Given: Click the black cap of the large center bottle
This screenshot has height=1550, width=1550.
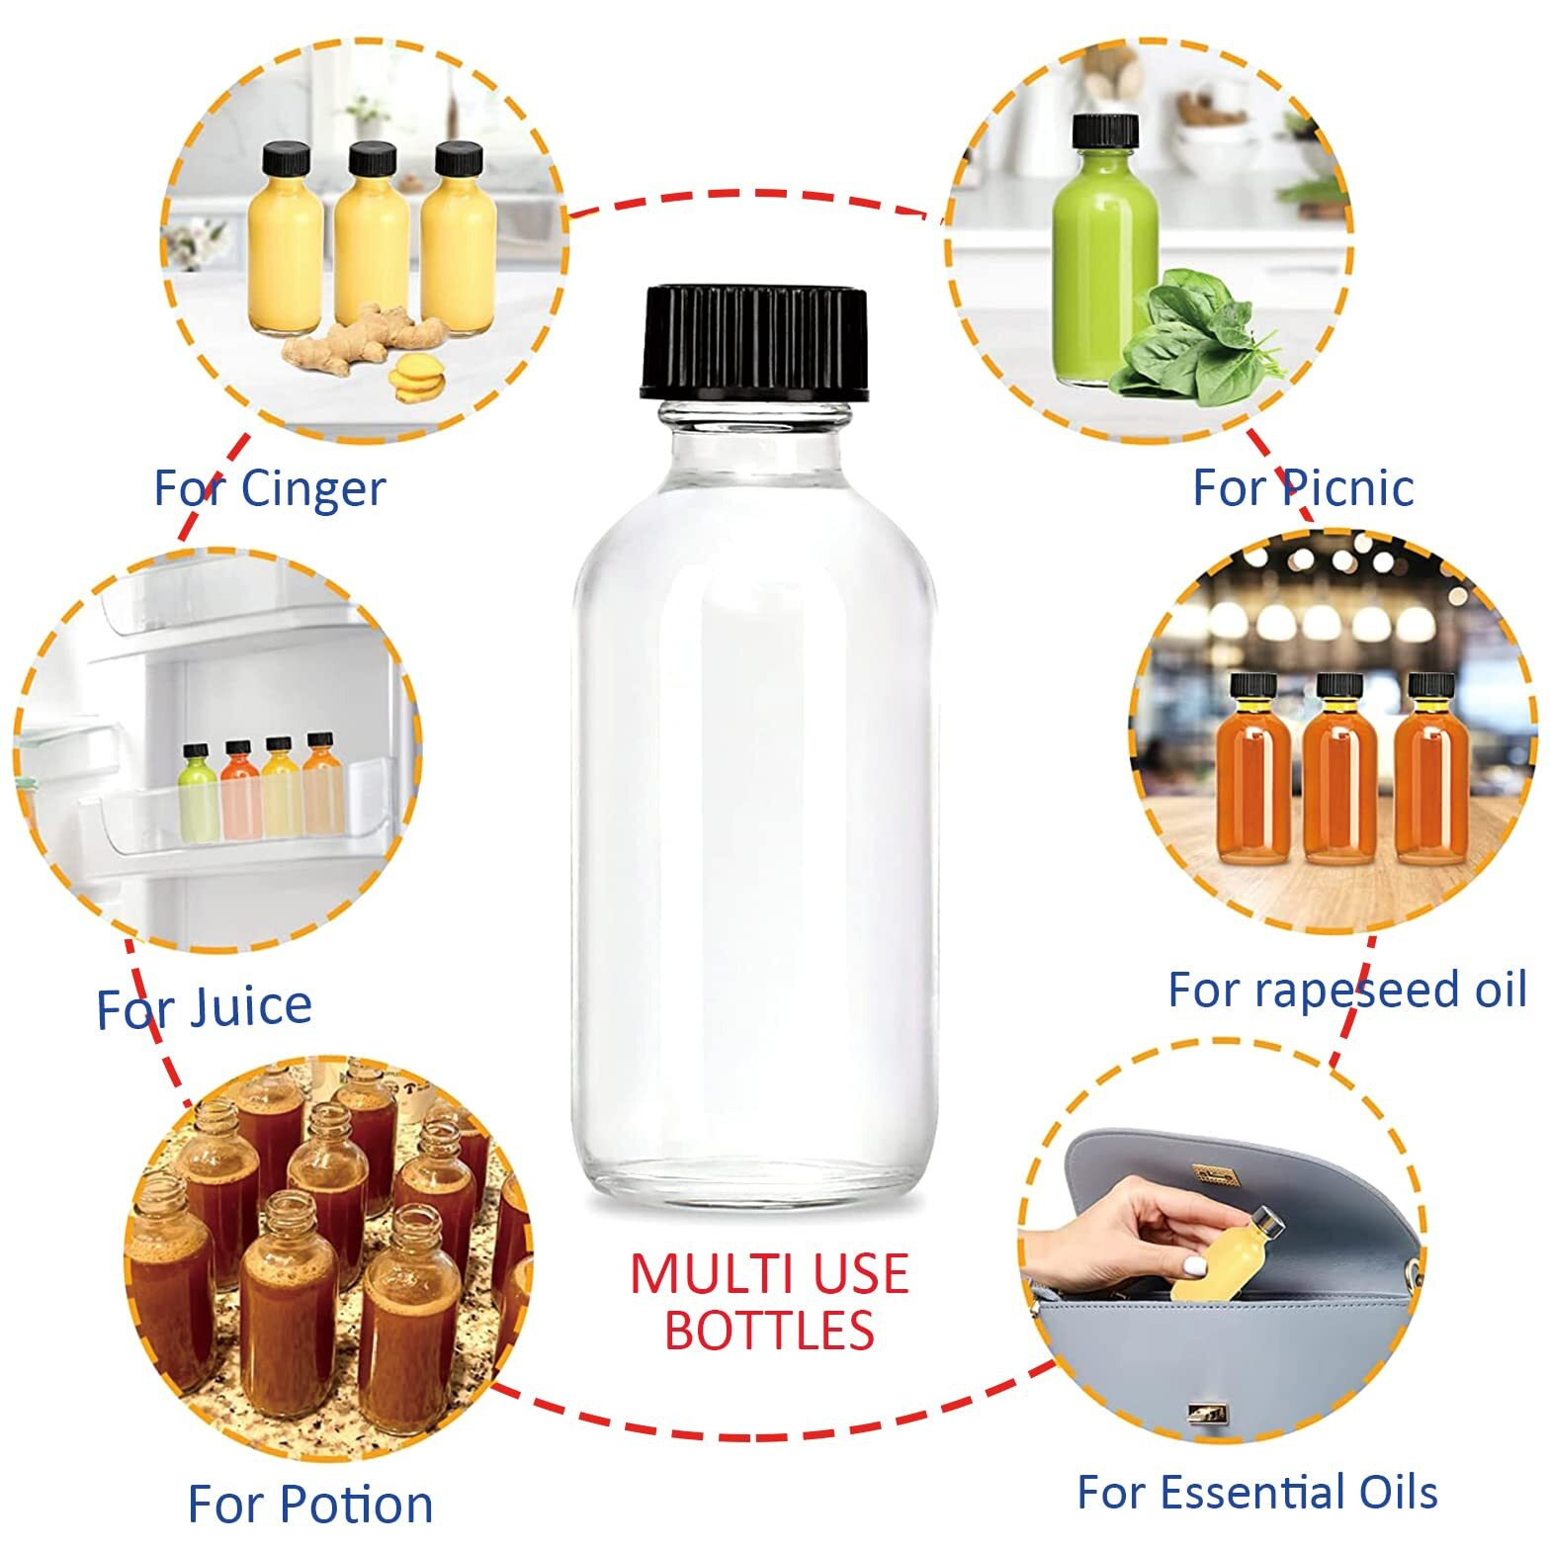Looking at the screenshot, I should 755,341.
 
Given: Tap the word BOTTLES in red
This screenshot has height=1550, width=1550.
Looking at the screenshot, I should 769,1331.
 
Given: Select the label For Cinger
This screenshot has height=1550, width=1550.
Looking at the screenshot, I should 269,488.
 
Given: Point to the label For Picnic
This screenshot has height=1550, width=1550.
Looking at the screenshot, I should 1303,487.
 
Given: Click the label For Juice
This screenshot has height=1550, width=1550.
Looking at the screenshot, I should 204,1007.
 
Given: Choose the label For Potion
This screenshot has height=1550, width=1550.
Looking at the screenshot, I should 310,1504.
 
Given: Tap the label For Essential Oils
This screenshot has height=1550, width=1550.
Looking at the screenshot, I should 1256,1492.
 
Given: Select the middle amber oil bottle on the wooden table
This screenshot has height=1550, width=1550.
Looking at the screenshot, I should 1338,776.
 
